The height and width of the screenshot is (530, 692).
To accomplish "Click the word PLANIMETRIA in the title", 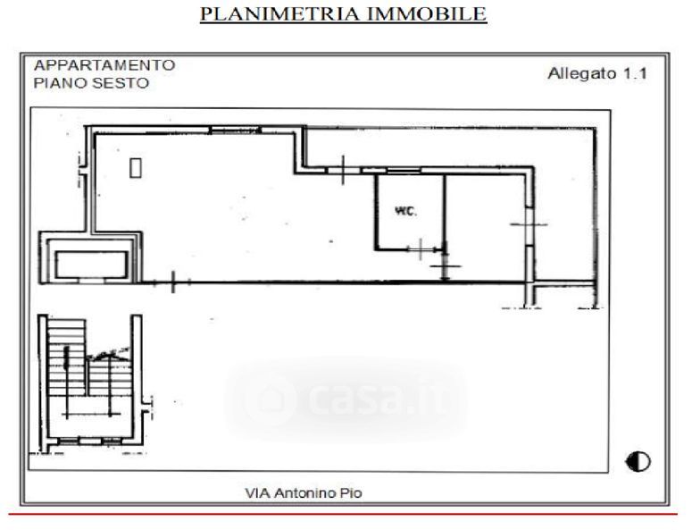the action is point(279,13).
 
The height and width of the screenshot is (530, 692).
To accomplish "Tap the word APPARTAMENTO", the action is point(104,65).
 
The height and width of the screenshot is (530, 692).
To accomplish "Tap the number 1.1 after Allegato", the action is point(635,74).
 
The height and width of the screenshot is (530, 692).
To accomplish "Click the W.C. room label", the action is point(405,212).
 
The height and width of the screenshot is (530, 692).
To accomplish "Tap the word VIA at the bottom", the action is point(258,492).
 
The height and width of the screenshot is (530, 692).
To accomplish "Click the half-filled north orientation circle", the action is point(638,462).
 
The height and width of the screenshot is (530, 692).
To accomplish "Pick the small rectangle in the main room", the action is point(136,168).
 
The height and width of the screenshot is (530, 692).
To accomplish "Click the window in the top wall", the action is point(235,130).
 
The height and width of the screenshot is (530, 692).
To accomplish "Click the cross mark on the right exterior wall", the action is point(529,224).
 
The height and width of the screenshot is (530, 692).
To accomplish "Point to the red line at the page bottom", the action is point(343,515).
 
